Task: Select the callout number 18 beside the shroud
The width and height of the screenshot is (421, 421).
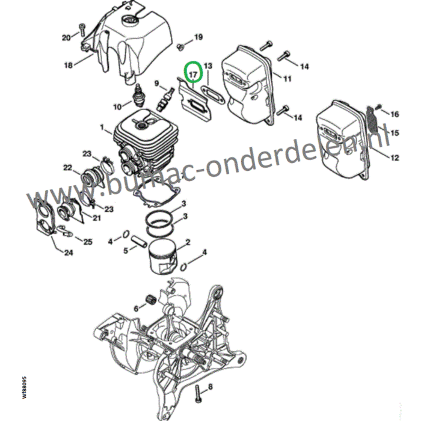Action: [x=68, y=64]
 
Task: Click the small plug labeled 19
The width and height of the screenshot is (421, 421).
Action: [x=179, y=46]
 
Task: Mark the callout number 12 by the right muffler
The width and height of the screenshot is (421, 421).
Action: [x=395, y=158]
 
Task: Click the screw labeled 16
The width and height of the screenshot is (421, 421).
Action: [x=376, y=110]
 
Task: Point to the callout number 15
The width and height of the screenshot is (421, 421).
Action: [x=395, y=132]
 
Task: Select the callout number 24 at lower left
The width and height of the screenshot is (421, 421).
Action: [x=68, y=253]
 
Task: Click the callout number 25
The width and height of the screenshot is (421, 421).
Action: [x=88, y=242]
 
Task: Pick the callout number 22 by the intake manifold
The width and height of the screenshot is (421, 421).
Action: [x=67, y=168]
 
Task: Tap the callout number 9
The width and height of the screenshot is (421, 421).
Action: [x=156, y=84]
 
